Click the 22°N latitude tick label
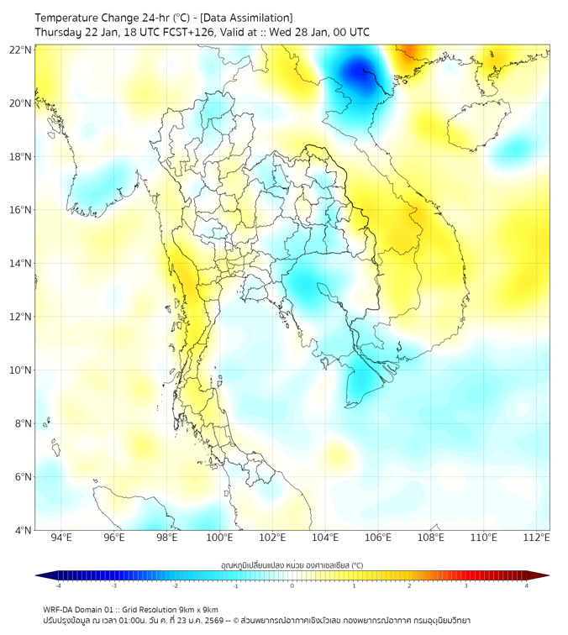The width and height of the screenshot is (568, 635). [x=21, y=50]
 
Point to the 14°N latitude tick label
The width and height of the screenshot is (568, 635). [x=21, y=263]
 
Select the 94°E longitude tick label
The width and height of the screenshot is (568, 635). [x=60, y=538]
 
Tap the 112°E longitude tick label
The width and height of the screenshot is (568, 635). [x=536, y=538]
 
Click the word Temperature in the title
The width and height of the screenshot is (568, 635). [x=71, y=17]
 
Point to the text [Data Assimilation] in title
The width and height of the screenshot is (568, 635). [x=250, y=17]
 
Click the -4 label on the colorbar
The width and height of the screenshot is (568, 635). [x=58, y=585]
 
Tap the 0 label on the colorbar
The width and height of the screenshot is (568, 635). [x=292, y=585]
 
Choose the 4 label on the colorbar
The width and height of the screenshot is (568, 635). [x=526, y=585]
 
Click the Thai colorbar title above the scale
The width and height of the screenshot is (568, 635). [x=292, y=565]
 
